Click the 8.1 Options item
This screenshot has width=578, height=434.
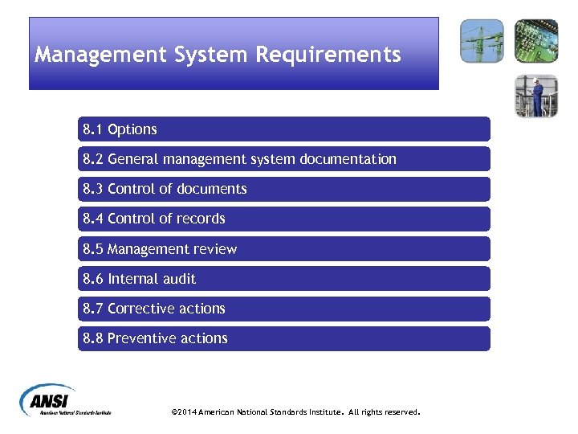click(x=120, y=129)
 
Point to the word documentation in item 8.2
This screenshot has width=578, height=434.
click(x=348, y=159)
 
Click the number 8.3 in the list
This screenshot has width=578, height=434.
click(x=92, y=189)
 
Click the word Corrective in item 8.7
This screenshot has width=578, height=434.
click(x=138, y=309)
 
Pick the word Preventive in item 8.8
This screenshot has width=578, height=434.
click(x=140, y=338)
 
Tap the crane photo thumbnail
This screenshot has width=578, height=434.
click(x=482, y=41)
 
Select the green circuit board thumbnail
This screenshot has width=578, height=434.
click(x=535, y=41)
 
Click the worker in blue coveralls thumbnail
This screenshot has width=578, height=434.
click(x=535, y=96)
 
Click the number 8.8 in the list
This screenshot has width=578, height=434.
click(x=92, y=338)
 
